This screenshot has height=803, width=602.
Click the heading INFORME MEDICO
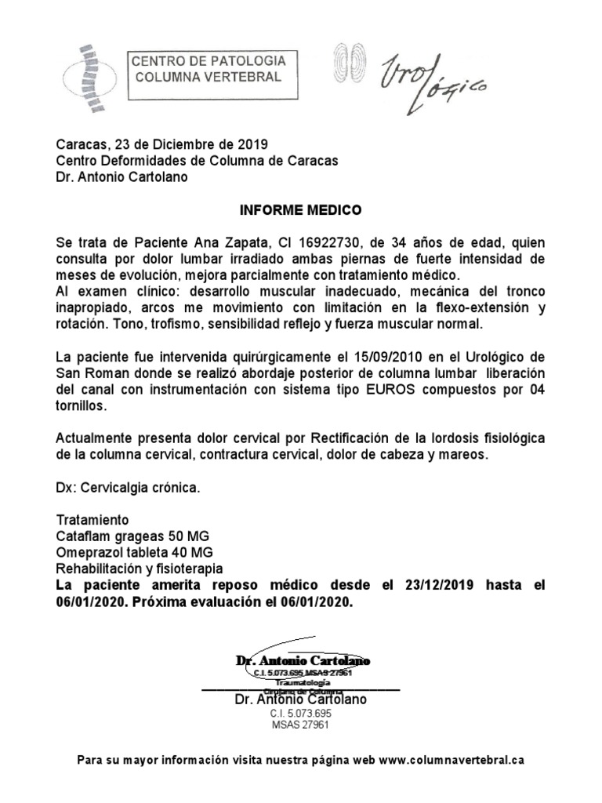pos(300,211)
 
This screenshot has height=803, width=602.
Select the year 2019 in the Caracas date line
pos(252,144)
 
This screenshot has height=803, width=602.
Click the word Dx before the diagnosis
pos(66,488)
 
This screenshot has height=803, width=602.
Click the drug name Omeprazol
pos(89,553)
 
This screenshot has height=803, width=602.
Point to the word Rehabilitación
pos(100,569)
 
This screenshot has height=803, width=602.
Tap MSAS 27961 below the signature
pos(301,725)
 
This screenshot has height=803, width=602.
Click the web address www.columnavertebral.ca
pos(456,760)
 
